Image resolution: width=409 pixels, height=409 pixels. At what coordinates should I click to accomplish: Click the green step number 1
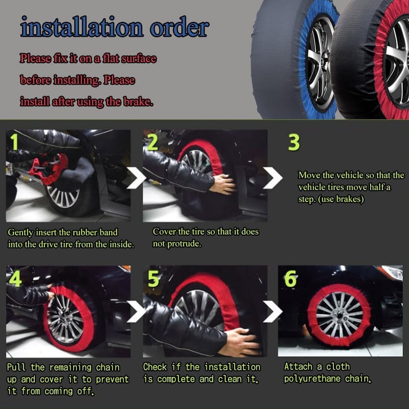click(x=14, y=142)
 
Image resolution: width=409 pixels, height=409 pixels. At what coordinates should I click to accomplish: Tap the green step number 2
click(x=152, y=143)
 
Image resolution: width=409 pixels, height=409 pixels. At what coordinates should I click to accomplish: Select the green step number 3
click(x=294, y=142)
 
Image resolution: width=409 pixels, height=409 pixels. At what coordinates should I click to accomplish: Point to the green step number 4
click(x=16, y=279)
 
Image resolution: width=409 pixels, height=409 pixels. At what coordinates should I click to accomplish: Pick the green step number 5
click(x=153, y=279)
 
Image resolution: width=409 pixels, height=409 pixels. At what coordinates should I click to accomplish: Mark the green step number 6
click(x=290, y=279)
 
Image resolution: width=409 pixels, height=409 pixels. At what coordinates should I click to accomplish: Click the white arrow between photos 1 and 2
click(x=137, y=178)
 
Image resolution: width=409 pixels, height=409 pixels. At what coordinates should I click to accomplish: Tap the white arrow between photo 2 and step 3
click(x=272, y=178)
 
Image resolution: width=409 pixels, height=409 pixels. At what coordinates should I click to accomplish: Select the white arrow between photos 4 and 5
click(x=137, y=311)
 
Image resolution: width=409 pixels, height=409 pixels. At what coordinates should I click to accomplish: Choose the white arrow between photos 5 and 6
click(x=272, y=311)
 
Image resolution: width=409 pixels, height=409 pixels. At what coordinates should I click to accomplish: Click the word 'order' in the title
click(x=180, y=28)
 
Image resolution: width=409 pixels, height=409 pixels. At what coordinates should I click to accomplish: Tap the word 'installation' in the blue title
click(x=82, y=27)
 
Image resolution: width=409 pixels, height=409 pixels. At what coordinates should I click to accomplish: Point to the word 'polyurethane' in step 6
click(x=312, y=379)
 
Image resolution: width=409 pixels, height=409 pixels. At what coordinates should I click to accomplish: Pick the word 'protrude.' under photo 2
click(x=177, y=244)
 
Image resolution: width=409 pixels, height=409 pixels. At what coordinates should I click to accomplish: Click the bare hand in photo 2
click(x=222, y=184)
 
